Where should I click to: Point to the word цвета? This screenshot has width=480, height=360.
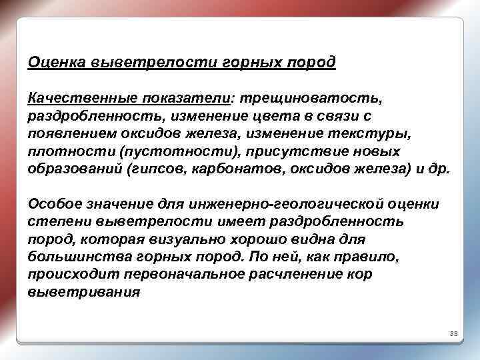(265, 117)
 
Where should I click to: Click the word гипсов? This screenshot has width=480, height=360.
(159, 169)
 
